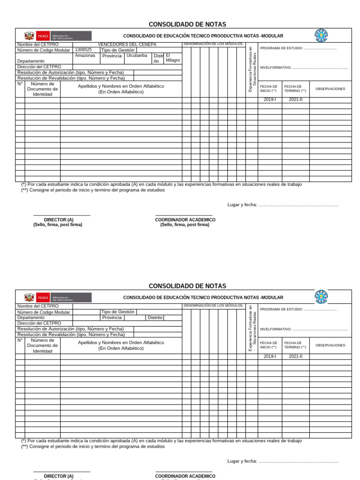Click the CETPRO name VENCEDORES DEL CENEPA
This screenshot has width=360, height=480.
tap(127, 45)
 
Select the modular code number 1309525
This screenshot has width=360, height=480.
tap(83, 50)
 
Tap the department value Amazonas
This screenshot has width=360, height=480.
tap(85, 55)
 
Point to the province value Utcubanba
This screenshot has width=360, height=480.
tap(136, 55)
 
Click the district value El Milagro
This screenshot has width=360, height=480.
tap(172, 58)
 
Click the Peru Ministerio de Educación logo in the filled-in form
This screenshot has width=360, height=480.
tap(58, 36)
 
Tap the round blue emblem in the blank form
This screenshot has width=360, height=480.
tap(321, 297)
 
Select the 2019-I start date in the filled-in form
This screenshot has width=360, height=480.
tap(270, 100)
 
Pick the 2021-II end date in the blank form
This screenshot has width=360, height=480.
tap(295, 356)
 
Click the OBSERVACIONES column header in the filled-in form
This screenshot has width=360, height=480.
tap(330, 89)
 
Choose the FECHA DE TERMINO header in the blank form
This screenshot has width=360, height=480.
tap(295, 345)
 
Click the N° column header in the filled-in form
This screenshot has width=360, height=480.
tap(20, 84)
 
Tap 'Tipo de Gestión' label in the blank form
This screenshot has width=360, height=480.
tap(118, 312)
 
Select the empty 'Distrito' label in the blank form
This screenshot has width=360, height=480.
tap(155, 317)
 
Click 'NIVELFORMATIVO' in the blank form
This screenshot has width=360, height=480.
tap(275, 329)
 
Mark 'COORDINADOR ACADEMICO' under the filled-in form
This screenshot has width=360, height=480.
tap(185, 219)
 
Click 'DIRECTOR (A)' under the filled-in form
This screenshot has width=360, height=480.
tap(59, 219)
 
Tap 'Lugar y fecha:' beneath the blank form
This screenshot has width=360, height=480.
tap(242, 461)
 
